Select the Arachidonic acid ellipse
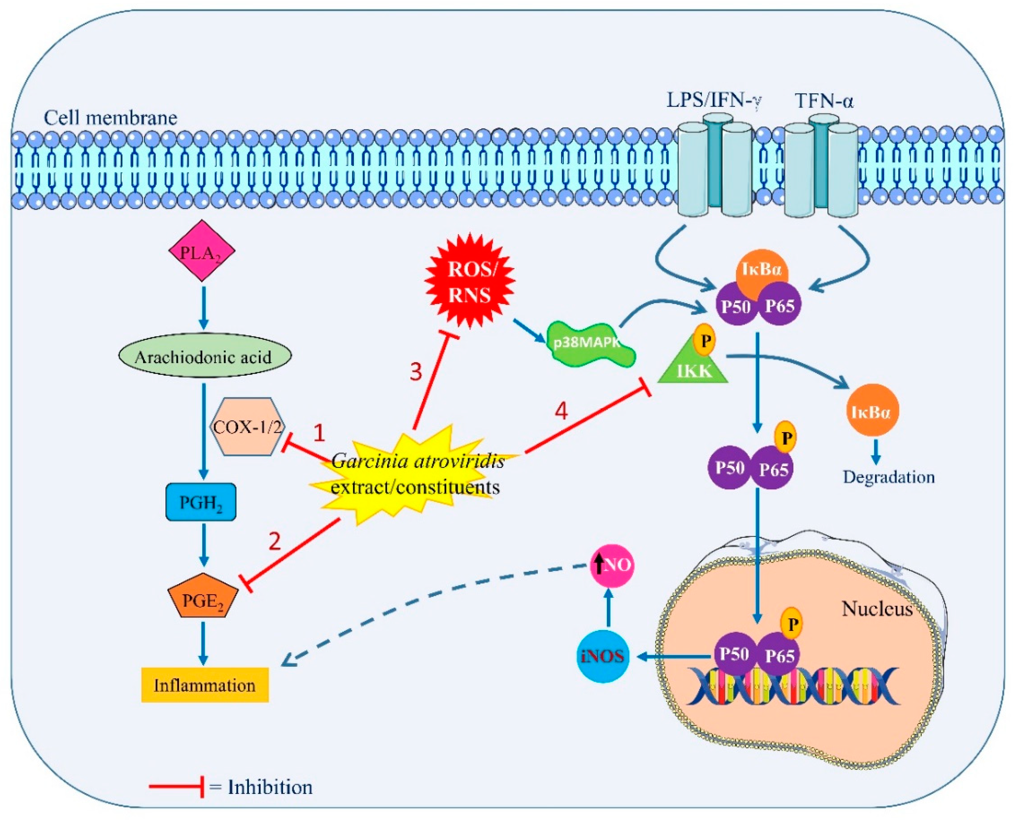204,356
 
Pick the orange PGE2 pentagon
203,597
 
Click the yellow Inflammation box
205,685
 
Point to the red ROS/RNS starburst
469,282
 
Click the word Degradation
889,477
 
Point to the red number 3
415,372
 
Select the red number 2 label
275,542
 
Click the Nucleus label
877,609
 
